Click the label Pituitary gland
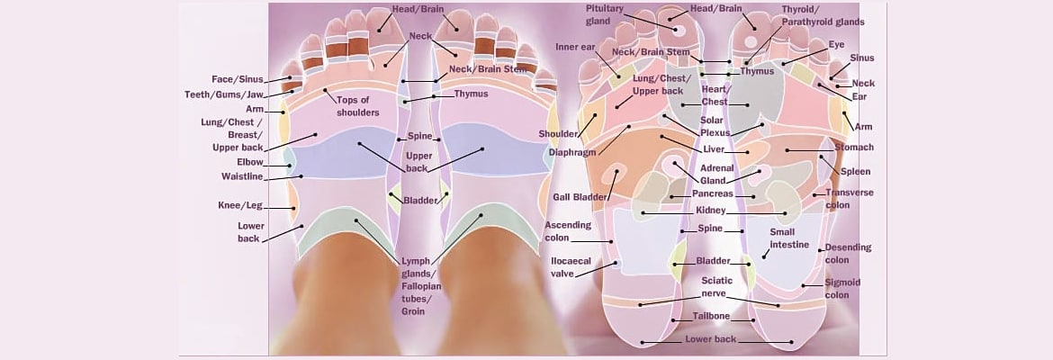(606, 15)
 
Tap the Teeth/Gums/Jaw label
(238, 94)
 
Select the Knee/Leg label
(239, 205)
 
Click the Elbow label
(250, 162)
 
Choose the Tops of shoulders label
(357, 105)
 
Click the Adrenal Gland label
(717, 174)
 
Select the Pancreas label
(712, 193)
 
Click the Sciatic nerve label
(719, 286)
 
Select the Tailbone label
(711, 317)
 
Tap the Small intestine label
(789, 238)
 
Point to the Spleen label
(855, 171)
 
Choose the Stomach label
(854, 148)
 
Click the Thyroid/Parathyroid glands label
(823, 15)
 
